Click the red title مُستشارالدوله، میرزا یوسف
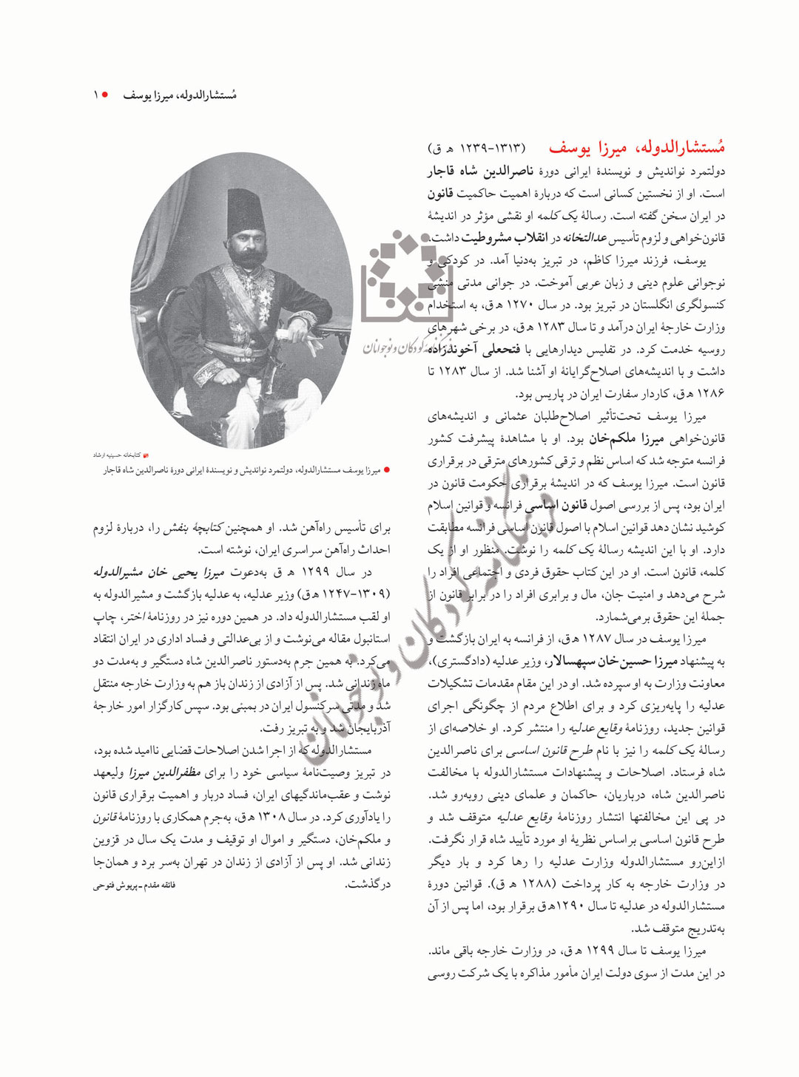pos(636,148)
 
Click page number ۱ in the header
pos(95,95)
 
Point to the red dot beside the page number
pos(105,95)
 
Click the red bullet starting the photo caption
pos(387,470)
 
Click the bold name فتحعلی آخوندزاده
pos(474,349)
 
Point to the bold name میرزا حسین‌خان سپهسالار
pos(604,662)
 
